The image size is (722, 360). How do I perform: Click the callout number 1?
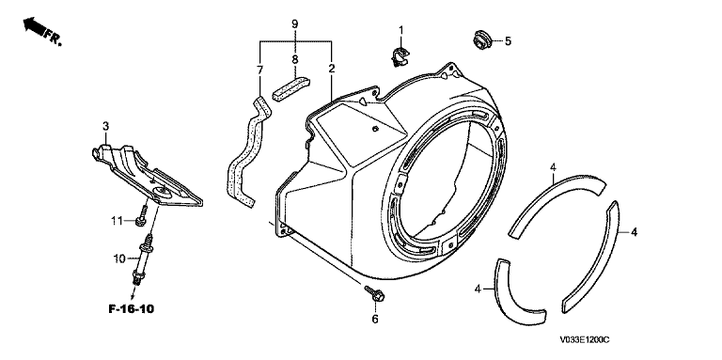pos(401,30)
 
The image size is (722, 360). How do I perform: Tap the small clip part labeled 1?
pos(400,55)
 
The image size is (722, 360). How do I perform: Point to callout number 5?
pos(508,41)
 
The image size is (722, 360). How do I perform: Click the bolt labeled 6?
pos(374,293)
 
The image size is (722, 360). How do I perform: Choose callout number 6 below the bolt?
pos(375,319)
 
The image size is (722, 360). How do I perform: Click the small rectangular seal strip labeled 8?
pos(291,88)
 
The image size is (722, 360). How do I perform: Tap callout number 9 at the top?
pos(295,23)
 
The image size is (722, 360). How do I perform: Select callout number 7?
pos(259,70)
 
